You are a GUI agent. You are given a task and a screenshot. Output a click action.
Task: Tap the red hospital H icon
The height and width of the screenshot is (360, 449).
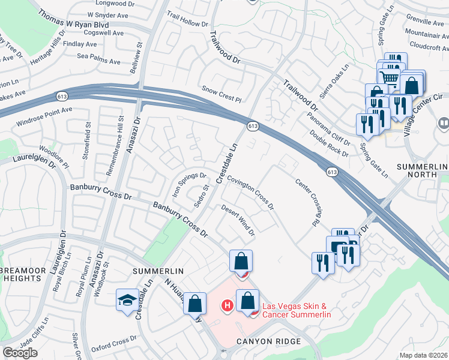click(x=228, y=305)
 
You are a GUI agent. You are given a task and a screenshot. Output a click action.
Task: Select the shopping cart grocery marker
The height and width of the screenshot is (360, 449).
click(x=390, y=77)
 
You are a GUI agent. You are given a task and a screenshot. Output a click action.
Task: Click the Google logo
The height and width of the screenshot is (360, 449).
click(x=20, y=353)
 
